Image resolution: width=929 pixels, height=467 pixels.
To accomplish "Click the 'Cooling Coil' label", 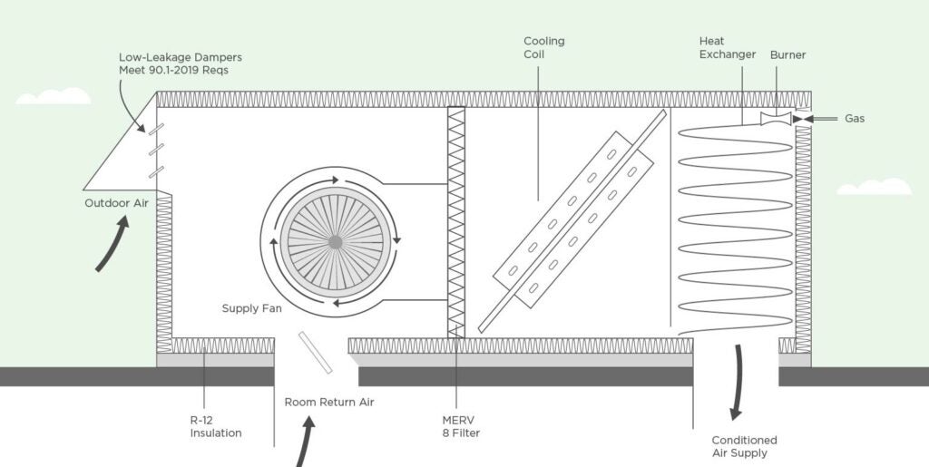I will tap(543, 47).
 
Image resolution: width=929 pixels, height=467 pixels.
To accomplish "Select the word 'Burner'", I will tap(787, 55).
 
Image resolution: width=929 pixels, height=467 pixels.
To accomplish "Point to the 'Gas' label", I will tap(855, 119).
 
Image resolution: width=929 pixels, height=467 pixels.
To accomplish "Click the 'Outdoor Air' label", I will tap(116, 203).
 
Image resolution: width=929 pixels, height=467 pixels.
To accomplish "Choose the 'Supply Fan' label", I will tap(251, 308).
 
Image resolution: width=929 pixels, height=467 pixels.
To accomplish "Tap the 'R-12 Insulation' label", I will tap(216, 426).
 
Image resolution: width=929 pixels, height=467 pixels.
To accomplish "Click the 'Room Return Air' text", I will tap(328, 402).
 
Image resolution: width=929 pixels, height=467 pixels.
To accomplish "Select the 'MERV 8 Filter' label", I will tap(460, 426).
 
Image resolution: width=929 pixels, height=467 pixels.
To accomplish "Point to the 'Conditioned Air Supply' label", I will tap(739, 446).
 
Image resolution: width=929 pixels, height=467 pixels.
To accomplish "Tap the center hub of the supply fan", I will tap(335, 242).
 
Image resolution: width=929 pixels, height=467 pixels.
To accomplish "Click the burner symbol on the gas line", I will tap(776, 118).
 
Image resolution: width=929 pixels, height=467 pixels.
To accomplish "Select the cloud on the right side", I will tap(874, 187).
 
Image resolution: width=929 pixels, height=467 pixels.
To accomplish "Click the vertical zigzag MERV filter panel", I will tap(456, 222).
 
